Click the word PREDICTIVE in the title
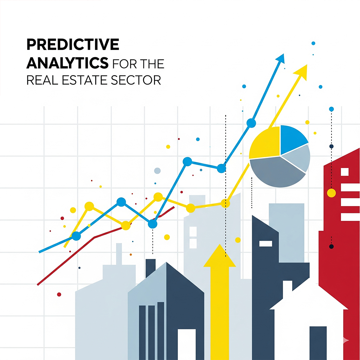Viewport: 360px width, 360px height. click(73, 45)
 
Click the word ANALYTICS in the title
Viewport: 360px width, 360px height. click(67, 63)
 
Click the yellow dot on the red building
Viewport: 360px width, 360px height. click(331, 193)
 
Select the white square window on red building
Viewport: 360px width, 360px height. click(345, 172)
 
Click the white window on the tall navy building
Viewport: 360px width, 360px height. click(266, 243)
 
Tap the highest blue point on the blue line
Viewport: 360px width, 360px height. click(251, 123)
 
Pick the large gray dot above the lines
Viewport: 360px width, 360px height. click(157, 171)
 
